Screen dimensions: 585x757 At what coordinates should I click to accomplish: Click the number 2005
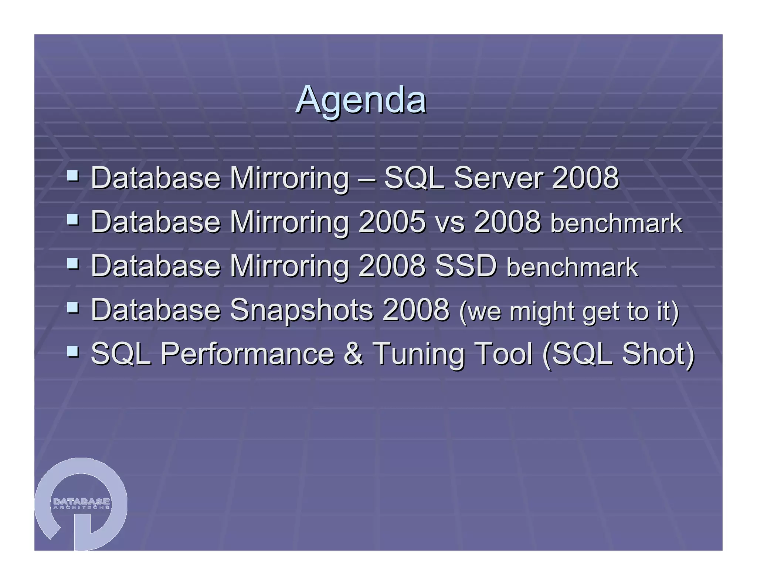[x=392, y=222]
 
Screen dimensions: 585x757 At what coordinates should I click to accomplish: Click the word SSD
[x=466, y=266]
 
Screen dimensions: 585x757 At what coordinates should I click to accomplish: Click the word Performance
[x=247, y=354]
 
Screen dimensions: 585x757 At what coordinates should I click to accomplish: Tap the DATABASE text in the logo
[x=81, y=501]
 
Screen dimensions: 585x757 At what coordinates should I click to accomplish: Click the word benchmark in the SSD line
[x=572, y=267]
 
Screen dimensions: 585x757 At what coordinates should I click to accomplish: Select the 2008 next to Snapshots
[x=416, y=310]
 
